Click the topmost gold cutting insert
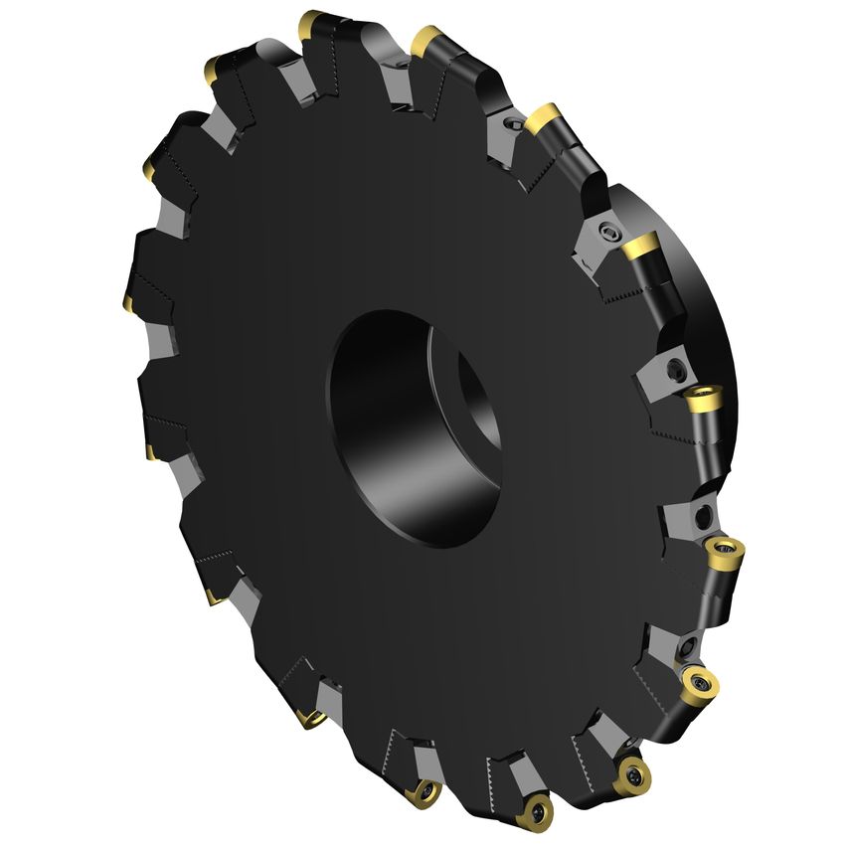314,21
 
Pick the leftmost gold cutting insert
130,300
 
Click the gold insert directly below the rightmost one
699,684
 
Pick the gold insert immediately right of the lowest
630,770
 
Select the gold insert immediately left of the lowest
424,790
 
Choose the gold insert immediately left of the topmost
215,69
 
